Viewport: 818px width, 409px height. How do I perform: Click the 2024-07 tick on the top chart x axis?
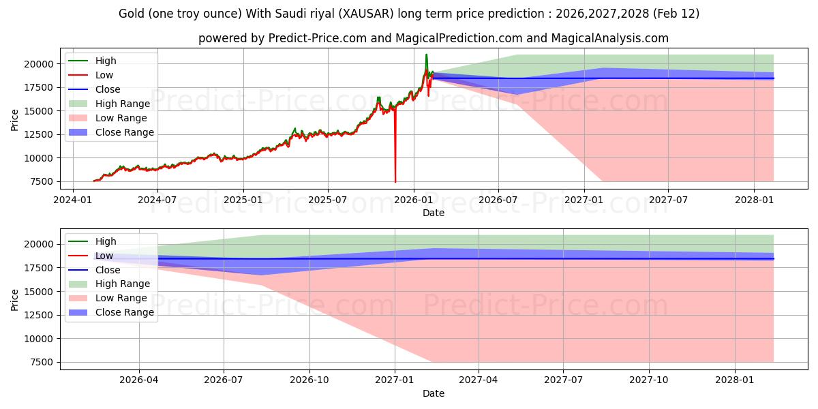point(157,200)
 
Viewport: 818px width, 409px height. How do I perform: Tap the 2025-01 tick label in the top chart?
point(243,200)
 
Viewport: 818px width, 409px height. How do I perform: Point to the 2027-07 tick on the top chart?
point(668,200)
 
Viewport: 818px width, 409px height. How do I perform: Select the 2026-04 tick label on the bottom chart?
point(139,380)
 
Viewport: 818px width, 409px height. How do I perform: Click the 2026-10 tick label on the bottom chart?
point(309,380)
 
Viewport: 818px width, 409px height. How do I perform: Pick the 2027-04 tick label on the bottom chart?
point(479,380)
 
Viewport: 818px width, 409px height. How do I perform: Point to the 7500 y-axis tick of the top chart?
point(42,181)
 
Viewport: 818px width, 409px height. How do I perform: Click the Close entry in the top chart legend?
point(108,89)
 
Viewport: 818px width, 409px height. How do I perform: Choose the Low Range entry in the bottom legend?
point(121,298)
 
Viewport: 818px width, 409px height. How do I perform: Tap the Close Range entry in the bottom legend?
point(125,312)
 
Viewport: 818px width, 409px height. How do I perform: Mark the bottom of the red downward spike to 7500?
point(395,181)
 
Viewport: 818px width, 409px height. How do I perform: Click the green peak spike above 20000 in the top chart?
point(427,55)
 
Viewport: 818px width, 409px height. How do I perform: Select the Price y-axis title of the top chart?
point(15,119)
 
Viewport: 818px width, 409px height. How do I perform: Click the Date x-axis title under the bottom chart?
point(433,393)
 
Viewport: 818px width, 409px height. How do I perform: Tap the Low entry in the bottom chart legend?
point(105,256)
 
